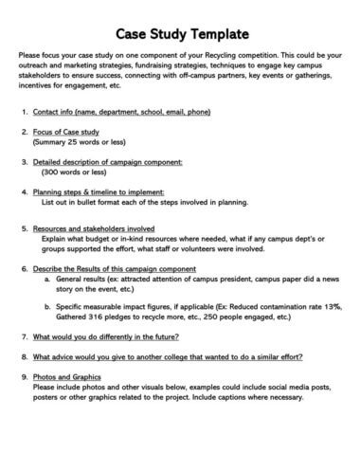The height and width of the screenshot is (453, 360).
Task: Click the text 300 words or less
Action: pyautogui.click(x=73, y=173)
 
